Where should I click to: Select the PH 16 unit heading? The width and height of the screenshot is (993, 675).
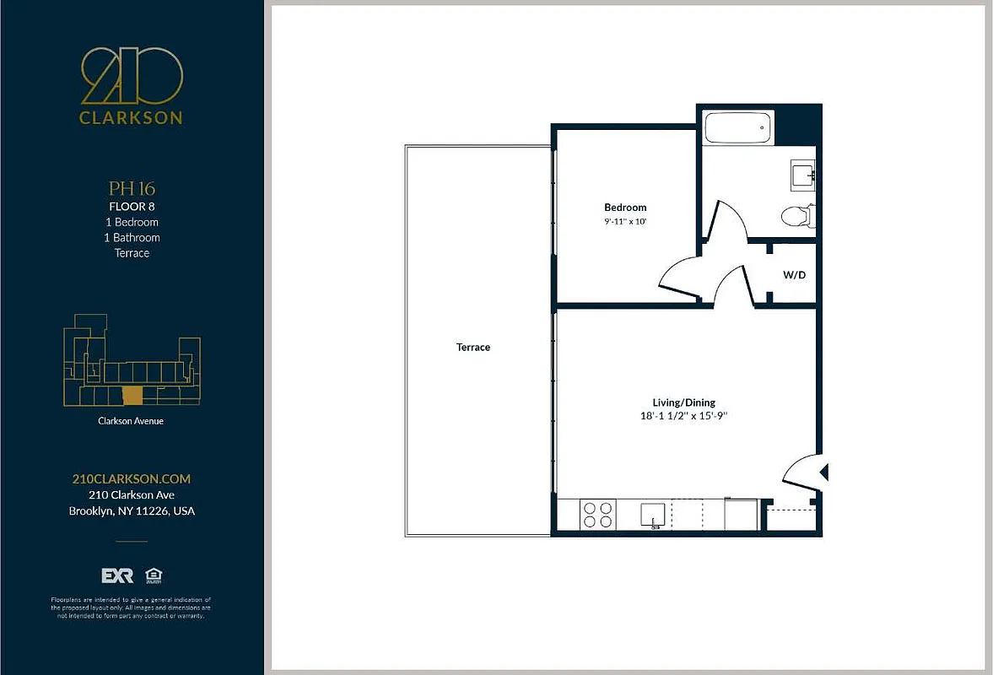coord(132,188)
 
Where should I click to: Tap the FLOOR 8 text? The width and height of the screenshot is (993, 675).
coord(132,206)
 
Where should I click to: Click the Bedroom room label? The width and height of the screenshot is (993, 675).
coord(625,208)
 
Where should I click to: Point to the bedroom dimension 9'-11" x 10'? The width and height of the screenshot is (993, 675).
coord(625,222)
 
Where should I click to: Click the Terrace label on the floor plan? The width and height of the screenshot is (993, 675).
coord(473,348)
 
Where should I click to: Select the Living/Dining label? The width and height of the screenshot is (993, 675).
coord(683,402)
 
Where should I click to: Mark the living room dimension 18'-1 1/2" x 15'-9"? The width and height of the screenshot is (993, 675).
coord(683,416)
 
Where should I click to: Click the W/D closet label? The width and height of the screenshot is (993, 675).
coord(793,274)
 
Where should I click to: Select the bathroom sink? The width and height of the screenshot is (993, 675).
coord(801,175)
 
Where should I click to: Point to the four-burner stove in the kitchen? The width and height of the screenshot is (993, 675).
coord(598,515)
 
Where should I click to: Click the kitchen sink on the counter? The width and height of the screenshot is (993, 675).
coord(653,514)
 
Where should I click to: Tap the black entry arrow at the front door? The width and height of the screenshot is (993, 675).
coord(825,472)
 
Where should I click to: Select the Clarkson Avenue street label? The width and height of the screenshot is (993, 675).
coord(132,420)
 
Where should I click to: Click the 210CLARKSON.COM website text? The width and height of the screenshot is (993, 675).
coord(132,478)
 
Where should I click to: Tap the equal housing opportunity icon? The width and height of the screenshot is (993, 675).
coord(153,575)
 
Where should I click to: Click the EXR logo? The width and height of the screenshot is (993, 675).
coord(117,575)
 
